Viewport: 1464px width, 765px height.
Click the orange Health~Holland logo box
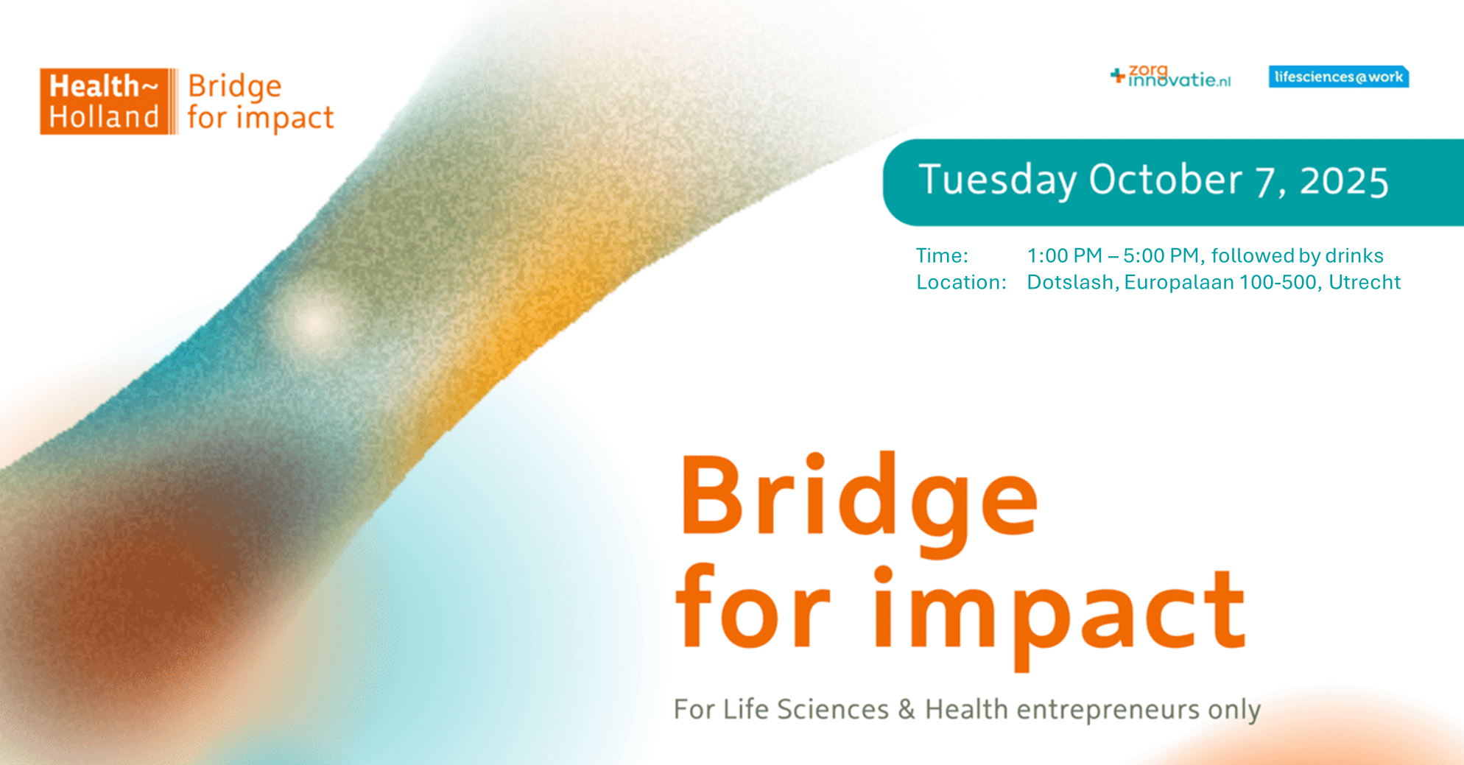[109, 102]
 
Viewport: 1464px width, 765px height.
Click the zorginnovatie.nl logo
[1170, 76]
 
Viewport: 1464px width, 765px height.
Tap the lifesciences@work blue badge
[1338, 77]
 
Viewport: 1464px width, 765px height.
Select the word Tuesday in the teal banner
[998, 180]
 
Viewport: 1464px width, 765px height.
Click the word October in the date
[1165, 180]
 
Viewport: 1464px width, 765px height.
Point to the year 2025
[1344, 181]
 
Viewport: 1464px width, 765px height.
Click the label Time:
[942, 255]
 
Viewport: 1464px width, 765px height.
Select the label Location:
[961, 282]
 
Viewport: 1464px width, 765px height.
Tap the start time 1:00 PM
[1064, 255]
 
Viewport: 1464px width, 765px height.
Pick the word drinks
[1354, 255]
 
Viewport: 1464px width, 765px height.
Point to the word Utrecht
[1365, 282]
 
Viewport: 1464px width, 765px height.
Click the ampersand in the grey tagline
[907, 709]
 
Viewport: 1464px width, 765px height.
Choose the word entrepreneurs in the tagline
[1108, 710]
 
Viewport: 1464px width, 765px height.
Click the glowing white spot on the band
[315, 321]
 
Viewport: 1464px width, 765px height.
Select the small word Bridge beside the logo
[235, 88]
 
